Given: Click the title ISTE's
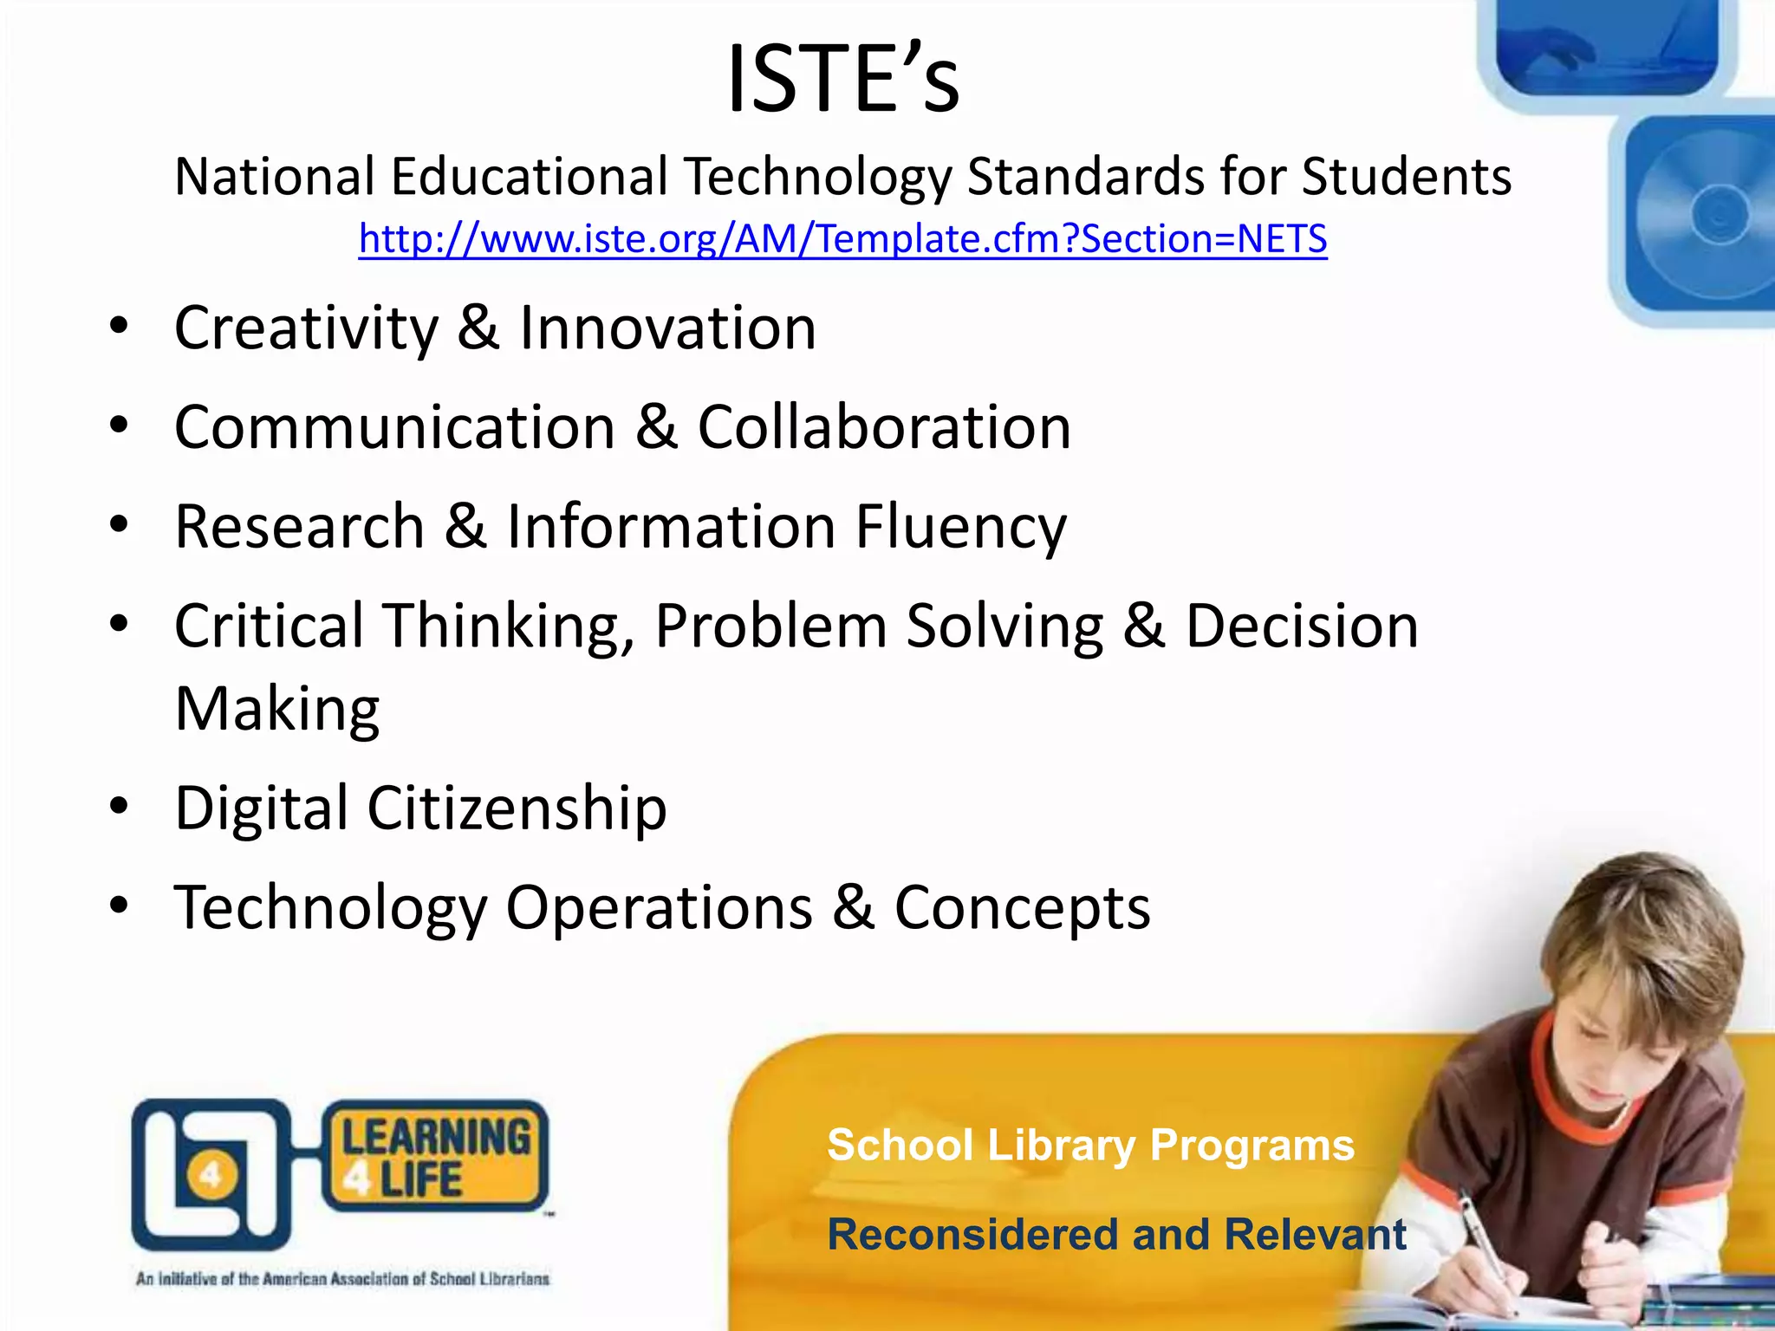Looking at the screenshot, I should click(x=842, y=80).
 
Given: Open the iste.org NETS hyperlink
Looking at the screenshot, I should click(x=842, y=239).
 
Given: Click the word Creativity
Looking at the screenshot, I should click(x=307, y=329).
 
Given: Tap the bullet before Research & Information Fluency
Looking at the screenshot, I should click(x=120, y=525).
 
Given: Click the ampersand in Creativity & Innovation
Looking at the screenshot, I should click(x=478, y=328).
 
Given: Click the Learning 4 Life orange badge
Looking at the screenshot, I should click(x=435, y=1155).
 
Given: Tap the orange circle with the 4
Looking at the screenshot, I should click(x=210, y=1176).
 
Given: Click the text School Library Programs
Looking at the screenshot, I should click(x=1089, y=1145).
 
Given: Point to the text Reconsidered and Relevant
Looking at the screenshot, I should click(x=1116, y=1234).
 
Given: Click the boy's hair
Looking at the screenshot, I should click(x=1638, y=936).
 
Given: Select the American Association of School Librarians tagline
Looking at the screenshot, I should click(x=342, y=1279).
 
